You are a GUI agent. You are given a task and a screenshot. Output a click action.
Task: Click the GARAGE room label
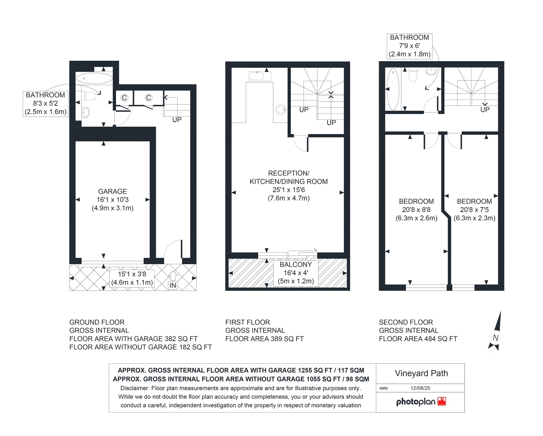tap(112, 192)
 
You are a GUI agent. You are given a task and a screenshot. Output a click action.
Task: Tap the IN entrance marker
tap(173, 285)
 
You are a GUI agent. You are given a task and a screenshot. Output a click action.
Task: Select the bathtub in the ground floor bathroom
tap(94, 78)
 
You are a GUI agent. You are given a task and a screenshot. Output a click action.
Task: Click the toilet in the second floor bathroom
tap(413, 75)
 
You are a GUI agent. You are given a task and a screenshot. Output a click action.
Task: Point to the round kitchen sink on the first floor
tap(281, 110)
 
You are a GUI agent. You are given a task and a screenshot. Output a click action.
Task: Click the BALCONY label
tap(296, 265)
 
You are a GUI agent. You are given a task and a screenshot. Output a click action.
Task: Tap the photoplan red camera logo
tap(442, 401)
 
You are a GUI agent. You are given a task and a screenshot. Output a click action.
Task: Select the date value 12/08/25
tap(420, 388)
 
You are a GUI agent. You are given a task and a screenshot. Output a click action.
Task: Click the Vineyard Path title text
tap(422, 374)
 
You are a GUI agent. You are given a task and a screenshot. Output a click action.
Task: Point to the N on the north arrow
tap(495, 338)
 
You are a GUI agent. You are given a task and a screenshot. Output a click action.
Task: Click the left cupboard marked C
tap(124, 98)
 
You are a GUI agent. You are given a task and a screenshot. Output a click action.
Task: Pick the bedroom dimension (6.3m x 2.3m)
tap(474, 218)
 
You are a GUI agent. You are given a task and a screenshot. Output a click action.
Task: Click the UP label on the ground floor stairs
tap(177, 120)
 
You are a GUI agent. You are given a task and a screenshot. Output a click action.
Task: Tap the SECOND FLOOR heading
tap(406, 322)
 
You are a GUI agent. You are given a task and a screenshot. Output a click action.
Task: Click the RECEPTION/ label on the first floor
tap(289, 173)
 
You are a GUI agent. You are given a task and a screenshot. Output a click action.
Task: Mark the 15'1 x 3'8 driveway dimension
tap(132, 274)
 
